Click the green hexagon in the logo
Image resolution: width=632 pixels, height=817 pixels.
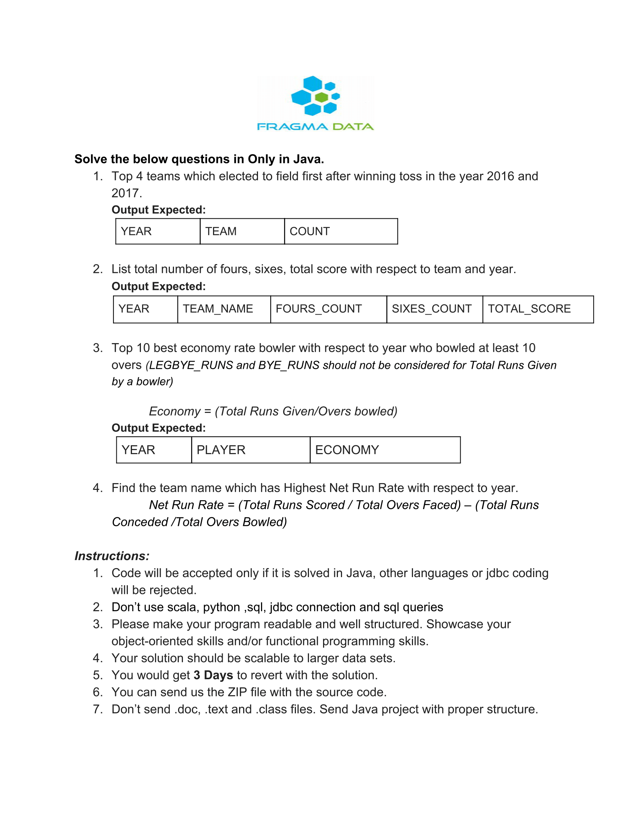point(322,98)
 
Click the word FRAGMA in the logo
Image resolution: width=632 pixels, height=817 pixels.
point(293,127)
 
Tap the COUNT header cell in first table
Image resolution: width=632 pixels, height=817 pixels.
point(341,232)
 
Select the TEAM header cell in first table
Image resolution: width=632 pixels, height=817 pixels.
point(242,232)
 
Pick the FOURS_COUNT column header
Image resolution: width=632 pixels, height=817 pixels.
point(328,309)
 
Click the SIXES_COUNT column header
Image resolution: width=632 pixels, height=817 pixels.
point(434,309)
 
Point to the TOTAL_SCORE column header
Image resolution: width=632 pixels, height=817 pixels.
point(538,309)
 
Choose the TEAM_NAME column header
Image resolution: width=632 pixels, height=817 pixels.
point(223,309)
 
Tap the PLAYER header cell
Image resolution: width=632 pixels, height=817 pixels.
point(251,450)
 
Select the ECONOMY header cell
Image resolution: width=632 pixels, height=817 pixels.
point(385,450)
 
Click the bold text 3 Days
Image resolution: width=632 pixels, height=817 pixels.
point(213,675)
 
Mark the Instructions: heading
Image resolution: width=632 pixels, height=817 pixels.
point(112,556)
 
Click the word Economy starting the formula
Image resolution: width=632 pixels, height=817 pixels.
point(175,411)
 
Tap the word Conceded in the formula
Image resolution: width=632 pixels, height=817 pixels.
point(140,522)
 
